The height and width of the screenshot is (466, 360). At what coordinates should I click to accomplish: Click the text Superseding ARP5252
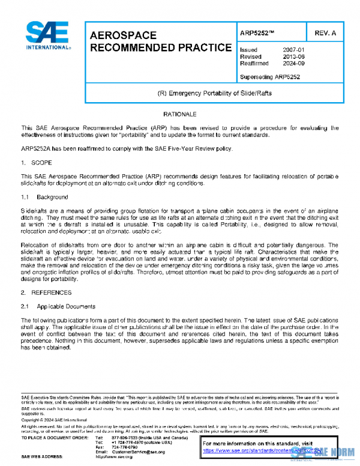tap(269, 77)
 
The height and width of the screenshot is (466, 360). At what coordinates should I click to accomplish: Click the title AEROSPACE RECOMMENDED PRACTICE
tap(160, 41)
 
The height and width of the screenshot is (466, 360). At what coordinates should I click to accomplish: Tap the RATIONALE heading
tap(179, 113)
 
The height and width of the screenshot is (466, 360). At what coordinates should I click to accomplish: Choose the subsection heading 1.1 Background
tap(44, 197)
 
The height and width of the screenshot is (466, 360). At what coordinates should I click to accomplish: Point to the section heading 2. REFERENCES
tap(46, 292)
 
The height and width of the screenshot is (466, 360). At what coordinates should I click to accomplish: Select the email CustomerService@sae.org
tap(138, 452)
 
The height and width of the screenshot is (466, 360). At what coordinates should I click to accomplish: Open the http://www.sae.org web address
tap(126, 457)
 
